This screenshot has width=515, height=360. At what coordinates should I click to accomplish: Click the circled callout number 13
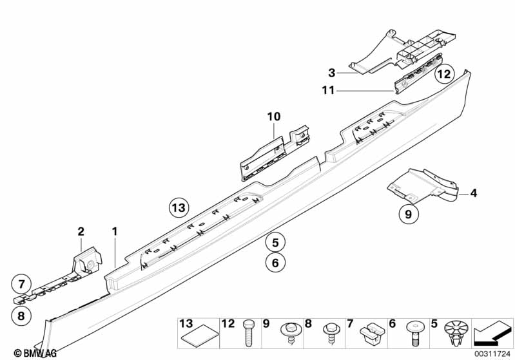178,207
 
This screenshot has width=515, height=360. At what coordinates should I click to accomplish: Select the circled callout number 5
275,243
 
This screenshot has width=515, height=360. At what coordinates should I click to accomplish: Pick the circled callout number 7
21,283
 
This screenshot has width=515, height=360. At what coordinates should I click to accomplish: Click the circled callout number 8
21,316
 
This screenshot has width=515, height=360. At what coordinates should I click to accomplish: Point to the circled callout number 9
408,215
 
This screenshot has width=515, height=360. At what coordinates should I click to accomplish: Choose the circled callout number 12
443,75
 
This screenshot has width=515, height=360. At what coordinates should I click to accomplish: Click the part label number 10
274,117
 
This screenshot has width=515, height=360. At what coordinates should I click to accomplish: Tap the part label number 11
328,91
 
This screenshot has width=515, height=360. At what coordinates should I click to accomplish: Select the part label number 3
332,72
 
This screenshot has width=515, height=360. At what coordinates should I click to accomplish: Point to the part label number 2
81,231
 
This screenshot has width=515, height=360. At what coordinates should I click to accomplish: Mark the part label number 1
115,231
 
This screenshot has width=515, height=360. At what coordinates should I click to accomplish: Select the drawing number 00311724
492,353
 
